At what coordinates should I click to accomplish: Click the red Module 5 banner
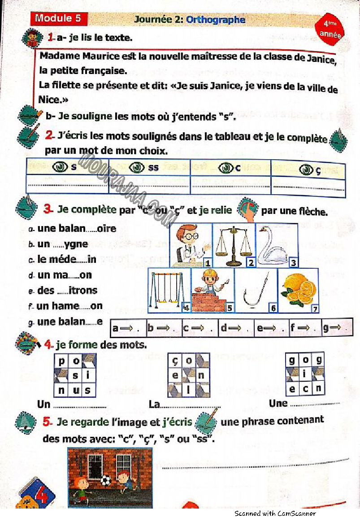tap(58, 19)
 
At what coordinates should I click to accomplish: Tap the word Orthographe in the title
tap(216, 20)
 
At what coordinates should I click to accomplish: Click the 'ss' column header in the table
tap(145, 168)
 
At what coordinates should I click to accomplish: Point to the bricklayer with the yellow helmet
tap(213, 291)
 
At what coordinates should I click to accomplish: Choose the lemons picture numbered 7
tap(298, 291)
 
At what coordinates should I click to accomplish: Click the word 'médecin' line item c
tap(67, 260)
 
